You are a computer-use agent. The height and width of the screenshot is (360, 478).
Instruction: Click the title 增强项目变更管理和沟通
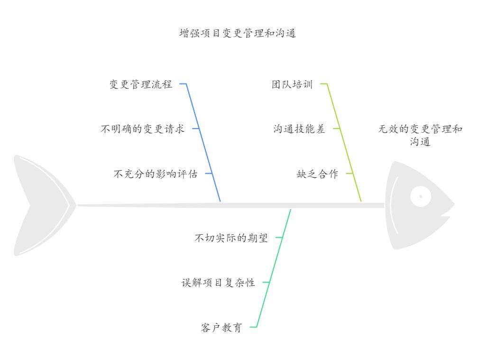coord(238,33)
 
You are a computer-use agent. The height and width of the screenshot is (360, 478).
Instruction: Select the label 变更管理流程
coord(141,85)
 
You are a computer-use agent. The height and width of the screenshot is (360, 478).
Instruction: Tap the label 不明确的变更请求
coord(142,129)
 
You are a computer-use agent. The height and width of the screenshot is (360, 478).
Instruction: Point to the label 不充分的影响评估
coord(155,174)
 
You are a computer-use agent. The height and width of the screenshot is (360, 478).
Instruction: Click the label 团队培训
coord(292,85)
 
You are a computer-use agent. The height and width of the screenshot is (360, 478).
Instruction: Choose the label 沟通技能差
coord(299,129)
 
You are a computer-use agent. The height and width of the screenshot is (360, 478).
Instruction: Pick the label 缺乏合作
coord(317,174)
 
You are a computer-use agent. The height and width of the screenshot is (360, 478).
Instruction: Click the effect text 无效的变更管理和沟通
coord(420,135)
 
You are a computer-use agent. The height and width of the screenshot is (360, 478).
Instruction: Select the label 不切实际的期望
coord(231,238)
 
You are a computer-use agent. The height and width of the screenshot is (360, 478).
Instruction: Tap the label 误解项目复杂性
coord(218,283)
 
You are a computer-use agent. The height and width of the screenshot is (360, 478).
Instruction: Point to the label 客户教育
coord(221,327)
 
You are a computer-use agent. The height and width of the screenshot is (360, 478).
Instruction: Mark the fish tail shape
coord(40,205)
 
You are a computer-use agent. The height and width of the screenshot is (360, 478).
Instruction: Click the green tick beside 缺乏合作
coord(349,173)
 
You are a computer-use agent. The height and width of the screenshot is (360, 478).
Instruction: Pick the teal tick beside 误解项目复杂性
coord(266,282)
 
